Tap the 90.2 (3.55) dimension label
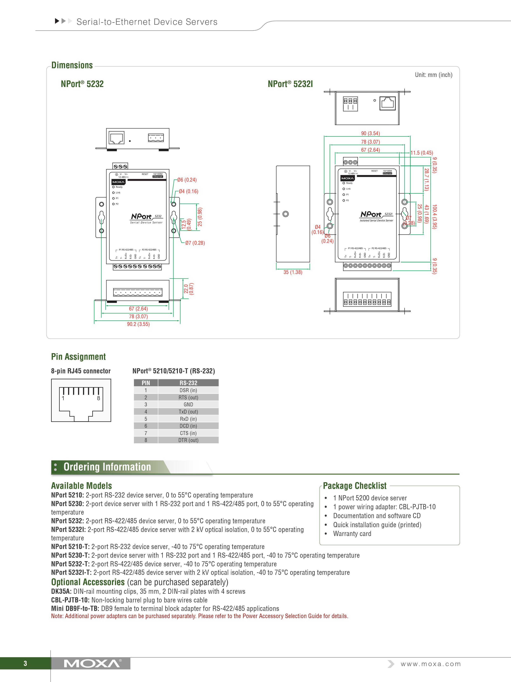click(x=138, y=324)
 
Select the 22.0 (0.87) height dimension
click(x=188, y=289)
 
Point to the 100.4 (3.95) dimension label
click(x=434, y=216)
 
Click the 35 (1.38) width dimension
click(x=293, y=272)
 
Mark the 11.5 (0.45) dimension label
click(x=421, y=153)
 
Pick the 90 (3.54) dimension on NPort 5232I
click(x=370, y=134)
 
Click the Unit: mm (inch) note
click(x=433, y=75)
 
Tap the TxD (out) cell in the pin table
click(x=188, y=412)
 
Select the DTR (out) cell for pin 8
click(x=188, y=440)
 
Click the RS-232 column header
click(x=188, y=383)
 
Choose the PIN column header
click(x=146, y=383)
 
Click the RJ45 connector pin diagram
click(x=81, y=400)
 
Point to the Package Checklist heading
click(x=354, y=486)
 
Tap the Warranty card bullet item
click(x=352, y=534)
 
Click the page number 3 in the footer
click(x=25, y=663)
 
